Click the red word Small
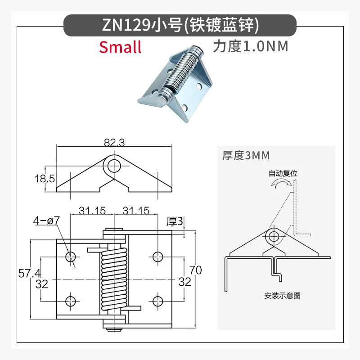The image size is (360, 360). coord(120,47)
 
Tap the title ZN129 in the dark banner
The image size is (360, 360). coord(126,25)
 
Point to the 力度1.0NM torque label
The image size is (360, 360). coord(251,46)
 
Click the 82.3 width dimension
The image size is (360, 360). coord(114,142)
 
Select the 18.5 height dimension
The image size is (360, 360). coord(45,178)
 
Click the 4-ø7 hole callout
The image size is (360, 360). coord(46,220)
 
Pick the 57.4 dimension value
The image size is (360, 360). coord(29,273)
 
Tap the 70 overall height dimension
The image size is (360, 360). coord(196,270)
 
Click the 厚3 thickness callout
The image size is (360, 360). coord(175,221)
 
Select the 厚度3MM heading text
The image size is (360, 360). coord(246,155)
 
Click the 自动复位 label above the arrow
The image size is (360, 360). coord(283,173)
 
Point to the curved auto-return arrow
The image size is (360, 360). coord(282,182)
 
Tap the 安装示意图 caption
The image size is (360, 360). coord(283,296)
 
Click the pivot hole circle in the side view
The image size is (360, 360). coord(114,166)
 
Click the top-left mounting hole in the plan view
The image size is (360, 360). coord(71,256)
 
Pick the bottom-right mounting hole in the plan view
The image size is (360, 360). coord(158,301)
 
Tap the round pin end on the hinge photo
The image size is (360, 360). coord(162,99)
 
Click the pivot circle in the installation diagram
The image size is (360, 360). coord(274,236)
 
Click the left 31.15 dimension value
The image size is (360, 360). coord(92,210)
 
